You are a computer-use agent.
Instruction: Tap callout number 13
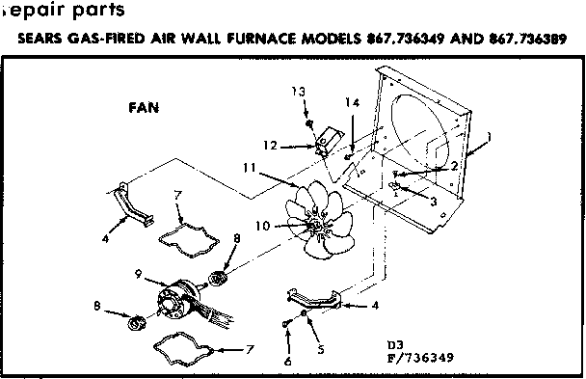[300, 91]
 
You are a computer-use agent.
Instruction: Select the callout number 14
[354, 102]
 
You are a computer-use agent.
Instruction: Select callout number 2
[453, 166]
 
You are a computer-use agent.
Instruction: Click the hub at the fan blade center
[314, 226]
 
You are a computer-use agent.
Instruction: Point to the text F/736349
[418, 356]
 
